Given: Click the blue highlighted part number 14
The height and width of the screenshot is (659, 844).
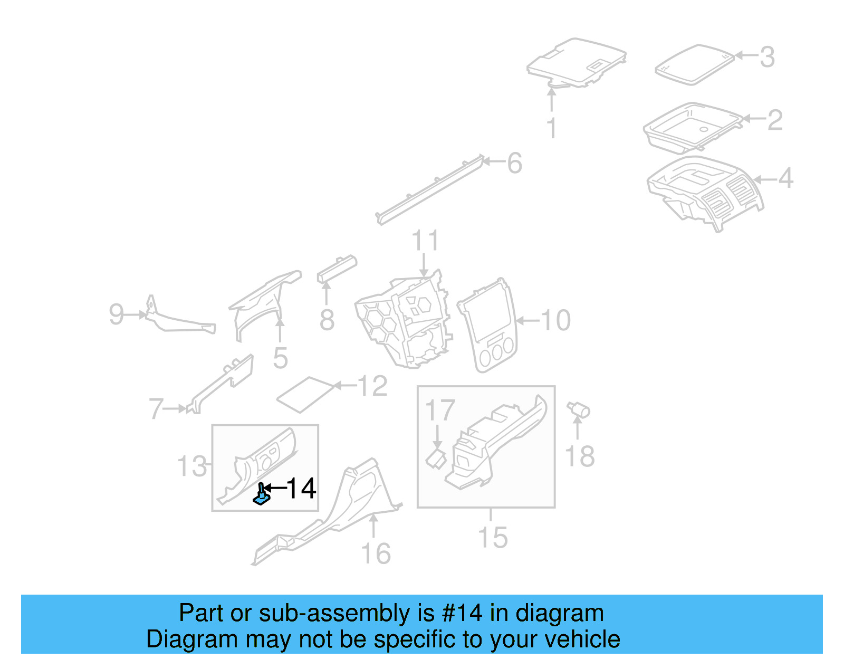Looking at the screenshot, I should [261, 494].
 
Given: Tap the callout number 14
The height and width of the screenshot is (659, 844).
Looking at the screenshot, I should [301, 489].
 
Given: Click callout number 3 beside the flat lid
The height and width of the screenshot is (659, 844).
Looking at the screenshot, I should [767, 57].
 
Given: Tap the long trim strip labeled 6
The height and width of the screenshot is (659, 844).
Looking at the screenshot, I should [430, 190].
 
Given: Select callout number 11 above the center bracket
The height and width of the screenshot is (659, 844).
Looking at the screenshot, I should [425, 241].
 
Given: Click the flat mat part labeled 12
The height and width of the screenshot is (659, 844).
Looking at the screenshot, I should [306, 395].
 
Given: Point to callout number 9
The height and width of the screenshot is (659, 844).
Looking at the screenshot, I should [117, 314].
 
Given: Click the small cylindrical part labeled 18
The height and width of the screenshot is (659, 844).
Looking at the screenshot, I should [579, 410].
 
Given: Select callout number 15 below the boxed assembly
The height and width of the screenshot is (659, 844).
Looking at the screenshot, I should [492, 538].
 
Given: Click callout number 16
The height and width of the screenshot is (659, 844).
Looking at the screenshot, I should [376, 554].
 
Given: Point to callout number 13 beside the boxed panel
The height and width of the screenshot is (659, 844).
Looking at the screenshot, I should [192, 466].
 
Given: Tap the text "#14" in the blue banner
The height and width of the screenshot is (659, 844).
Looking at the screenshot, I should [462, 613].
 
